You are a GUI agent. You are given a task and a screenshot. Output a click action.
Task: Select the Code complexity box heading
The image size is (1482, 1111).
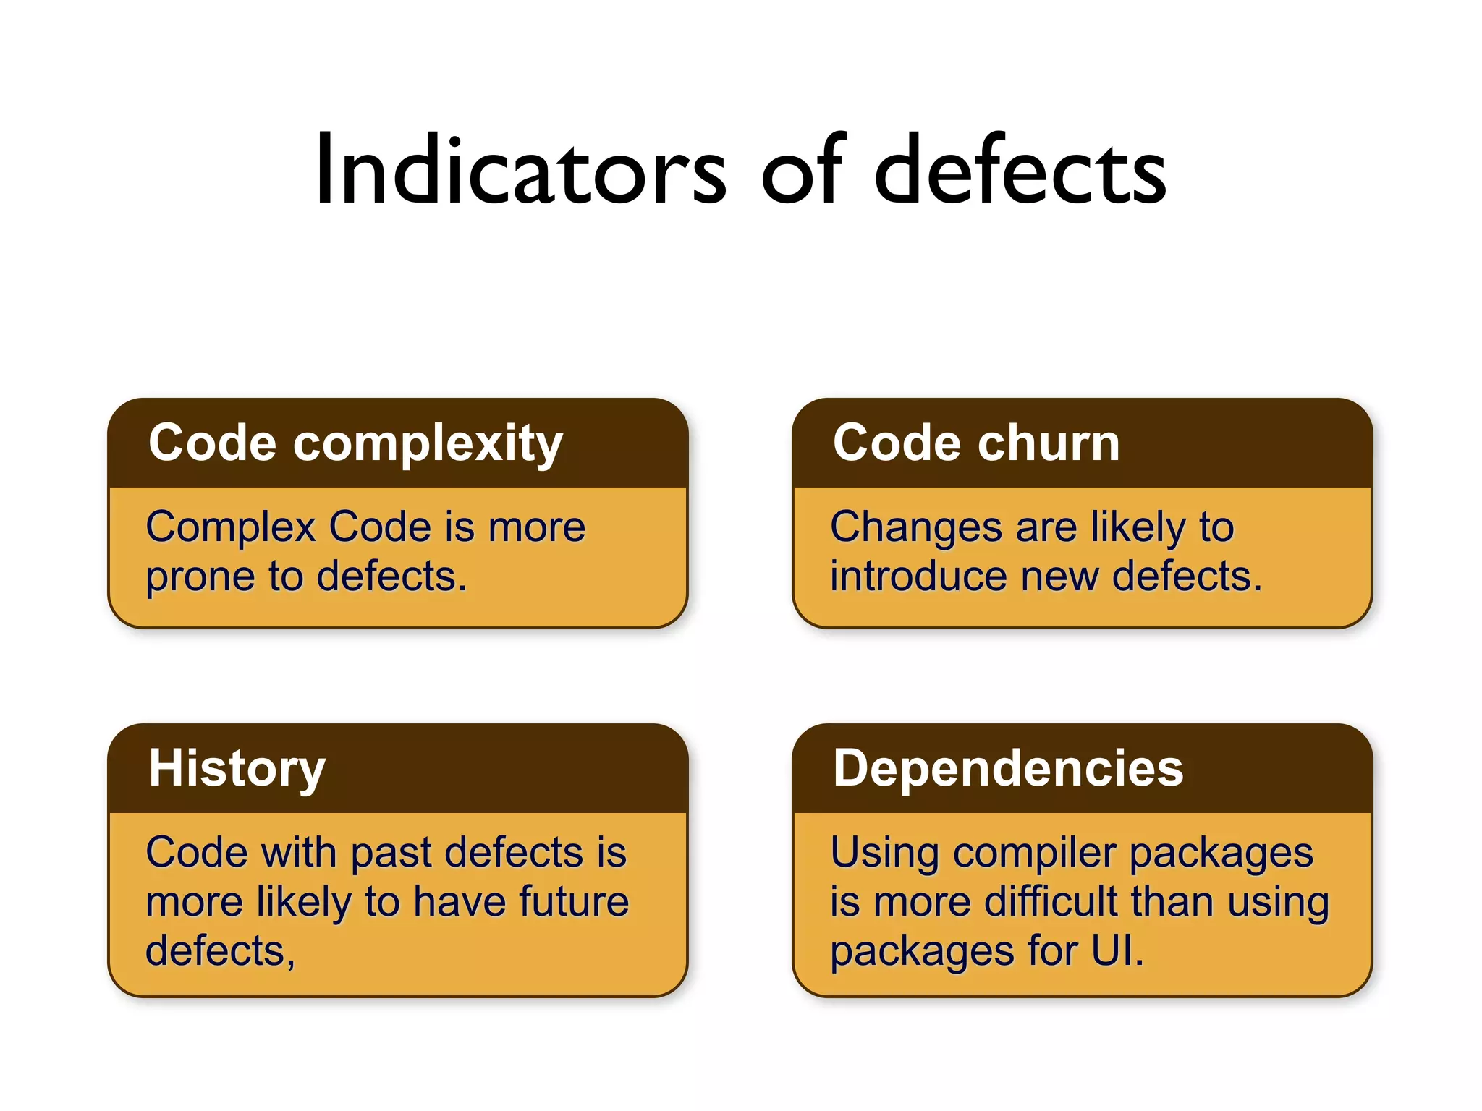(355, 443)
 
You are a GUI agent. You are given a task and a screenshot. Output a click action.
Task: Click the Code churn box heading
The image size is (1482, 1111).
(976, 443)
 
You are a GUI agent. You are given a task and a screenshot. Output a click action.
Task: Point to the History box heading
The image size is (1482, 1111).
(237, 769)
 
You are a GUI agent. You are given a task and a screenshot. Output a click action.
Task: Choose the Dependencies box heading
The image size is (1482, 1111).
(1008, 767)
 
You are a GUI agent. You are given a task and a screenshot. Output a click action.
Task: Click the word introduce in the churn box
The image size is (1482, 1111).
(918, 576)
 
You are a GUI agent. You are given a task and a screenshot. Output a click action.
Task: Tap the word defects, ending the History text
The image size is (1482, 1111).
(220, 951)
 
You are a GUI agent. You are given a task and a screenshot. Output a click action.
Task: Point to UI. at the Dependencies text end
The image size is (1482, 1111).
(1117, 951)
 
